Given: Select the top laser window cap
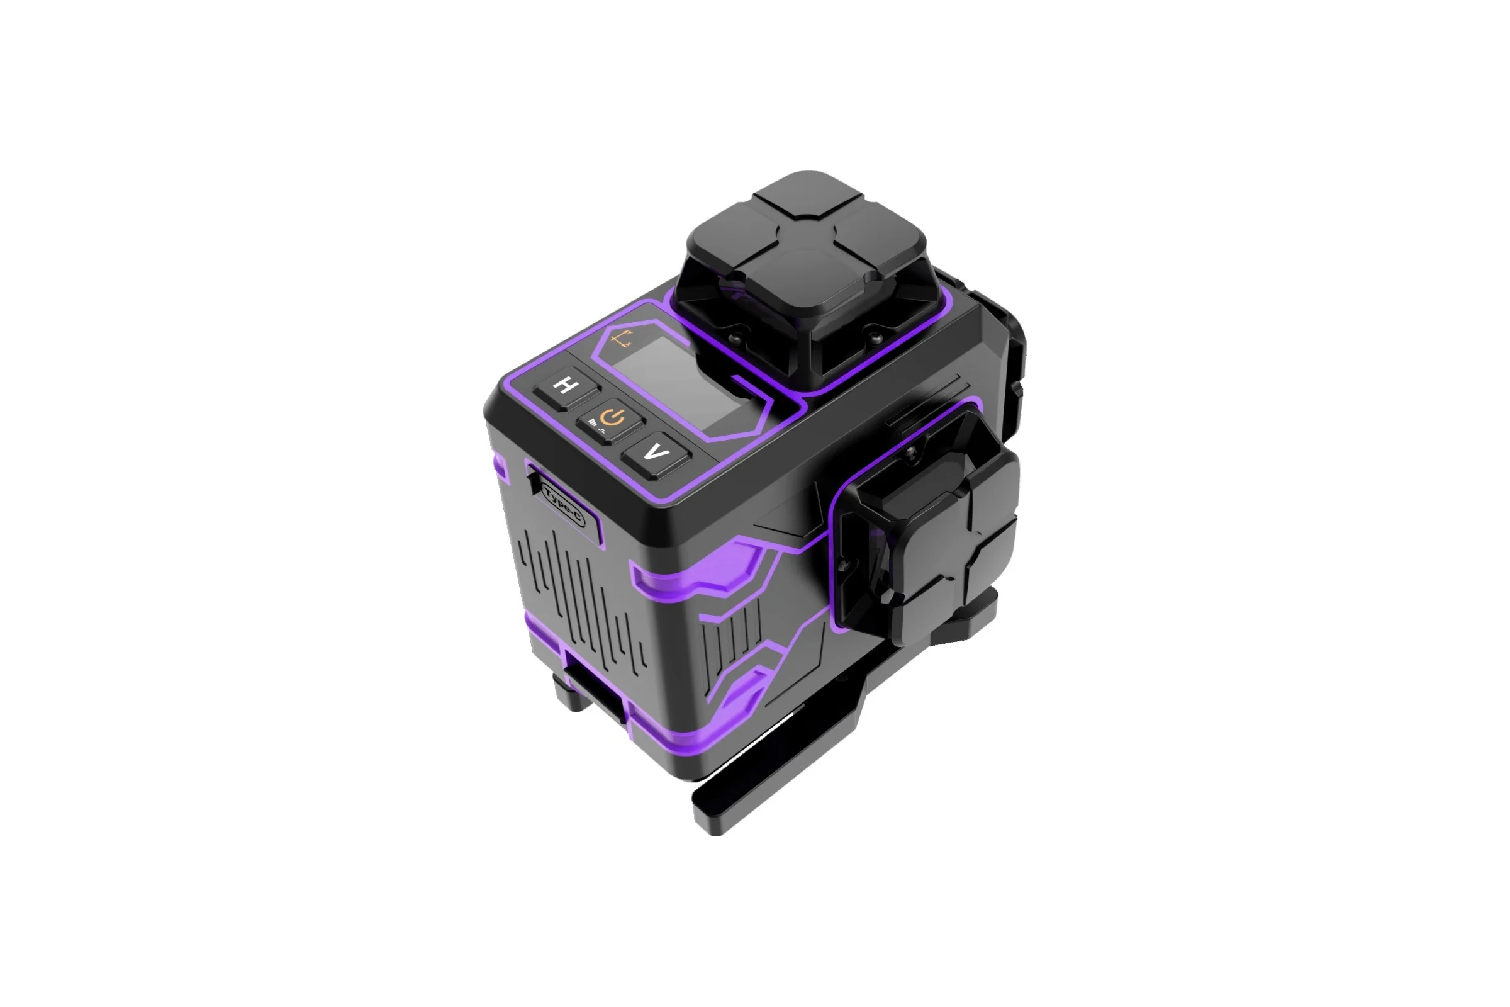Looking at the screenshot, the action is coord(807,244).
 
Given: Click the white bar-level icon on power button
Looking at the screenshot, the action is coord(592,422).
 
